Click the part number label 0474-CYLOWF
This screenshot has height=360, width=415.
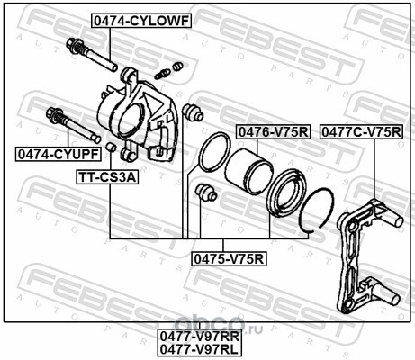pyautogui.click(x=141, y=21)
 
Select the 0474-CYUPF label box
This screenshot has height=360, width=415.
pyautogui.click(x=59, y=155)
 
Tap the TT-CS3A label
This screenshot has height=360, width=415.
pyautogui.click(x=107, y=177)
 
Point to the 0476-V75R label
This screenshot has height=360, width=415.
pyautogui.click(x=274, y=132)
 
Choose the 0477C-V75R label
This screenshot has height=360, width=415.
pyautogui.click(x=361, y=132)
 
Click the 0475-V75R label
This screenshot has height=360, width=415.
pyautogui.click(x=229, y=259)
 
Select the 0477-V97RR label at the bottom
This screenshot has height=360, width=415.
pyautogui.click(x=200, y=337)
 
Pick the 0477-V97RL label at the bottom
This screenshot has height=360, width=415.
pyautogui.click(x=199, y=349)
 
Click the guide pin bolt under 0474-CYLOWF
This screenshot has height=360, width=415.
pyautogui.click(x=91, y=55)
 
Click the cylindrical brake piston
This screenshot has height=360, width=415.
pyautogui.click(x=248, y=172)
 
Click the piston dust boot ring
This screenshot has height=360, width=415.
pyautogui.click(x=286, y=193)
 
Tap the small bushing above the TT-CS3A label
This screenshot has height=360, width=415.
pyautogui.click(x=111, y=147)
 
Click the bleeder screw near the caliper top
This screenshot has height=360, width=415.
pyautogui.click(x=163, y=74)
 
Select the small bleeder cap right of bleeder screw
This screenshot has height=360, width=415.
pyautogui.click(x=178, y=66)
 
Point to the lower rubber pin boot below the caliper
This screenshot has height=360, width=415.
pyautogui.click(x=206, y=192)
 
